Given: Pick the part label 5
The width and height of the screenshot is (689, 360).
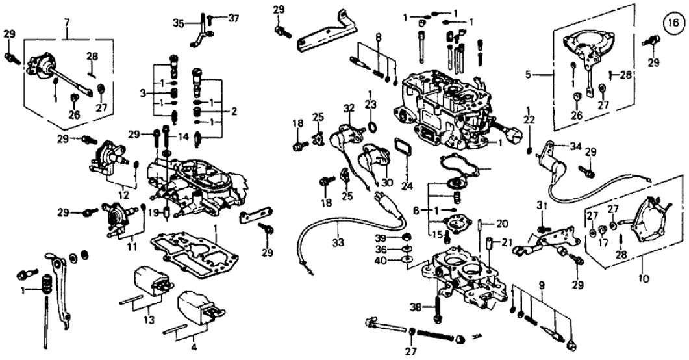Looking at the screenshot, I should pyautogui.click(x=529, y=75).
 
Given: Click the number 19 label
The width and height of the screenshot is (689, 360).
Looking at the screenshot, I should pyautogui.click(x=153, y=212).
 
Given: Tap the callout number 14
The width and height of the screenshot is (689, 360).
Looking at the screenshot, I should pyautogui.click(x=184, y=136).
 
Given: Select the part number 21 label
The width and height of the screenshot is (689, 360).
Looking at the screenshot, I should pyautogui.click(x=507, y=243).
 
